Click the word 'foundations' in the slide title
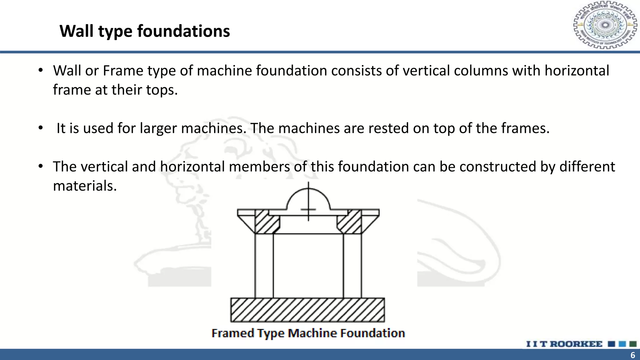click(x=183, y=31)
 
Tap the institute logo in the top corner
click(x=605, y=25)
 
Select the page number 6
click(x=633, y=355)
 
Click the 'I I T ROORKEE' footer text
click(x=564, y=344)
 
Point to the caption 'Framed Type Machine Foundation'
click(x=308, y=333)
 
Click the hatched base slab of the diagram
click(x=308, y=310)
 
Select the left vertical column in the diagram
click(x=264, y=266)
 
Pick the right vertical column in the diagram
click(x=352, y=266)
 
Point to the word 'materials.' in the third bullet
click(x=85, y=186)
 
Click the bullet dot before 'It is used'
click(x=40, y=128)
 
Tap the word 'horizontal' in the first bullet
click(x=577, y=71)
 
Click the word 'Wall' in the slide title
click(x=77, y=31)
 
